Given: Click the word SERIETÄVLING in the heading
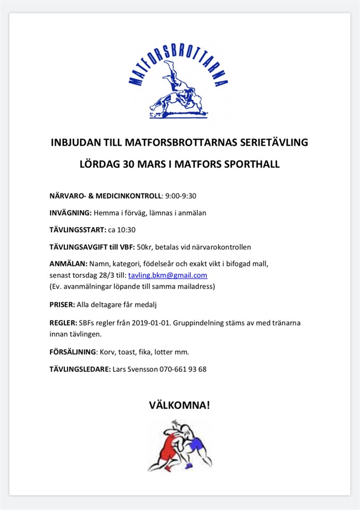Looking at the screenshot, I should pos(273,142).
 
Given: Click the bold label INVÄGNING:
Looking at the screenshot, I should pos(70,212).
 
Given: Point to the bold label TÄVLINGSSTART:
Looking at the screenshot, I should pos(78,229).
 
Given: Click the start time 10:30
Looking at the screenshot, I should pos(127,229).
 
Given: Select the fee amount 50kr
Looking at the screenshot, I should pos(145,246).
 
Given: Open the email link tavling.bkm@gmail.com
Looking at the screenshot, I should pos(168,275).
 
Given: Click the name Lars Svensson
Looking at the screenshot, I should pos(136,369).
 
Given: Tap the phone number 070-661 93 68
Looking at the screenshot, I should pos(183,369).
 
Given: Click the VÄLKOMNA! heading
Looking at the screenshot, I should pos(179,405).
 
